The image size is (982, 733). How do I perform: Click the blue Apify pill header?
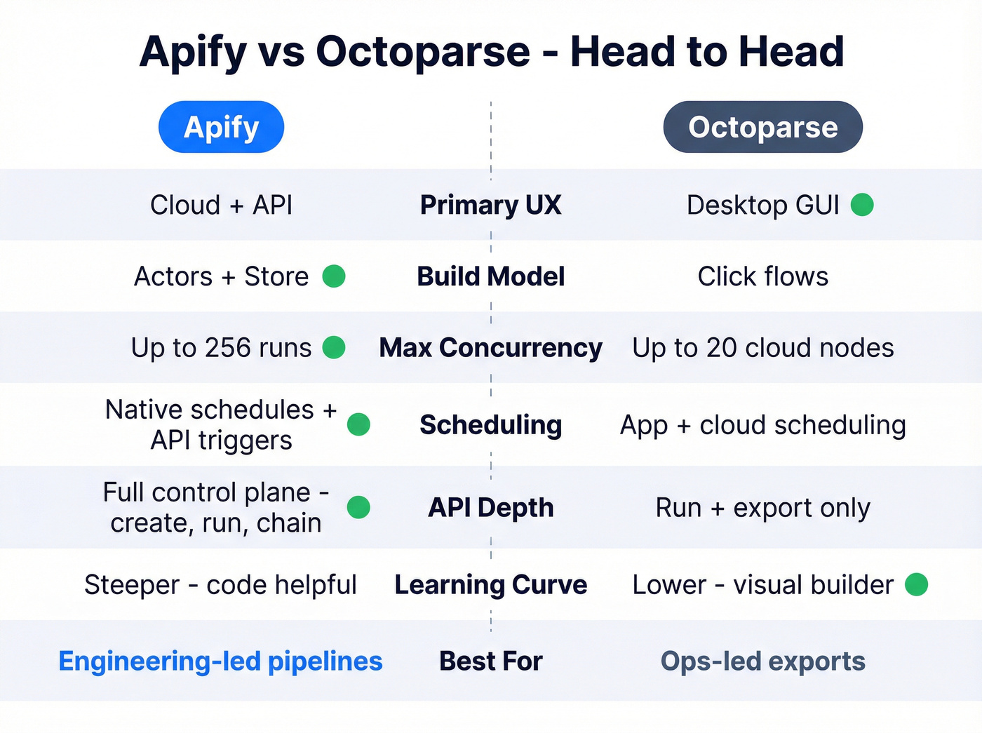(221, 127)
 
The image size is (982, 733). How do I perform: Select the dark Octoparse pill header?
(762, 127)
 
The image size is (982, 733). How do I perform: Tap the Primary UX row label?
(490, 205)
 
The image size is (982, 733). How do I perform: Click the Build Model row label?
(490, 276)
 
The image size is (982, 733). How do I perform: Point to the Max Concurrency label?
(490, 348)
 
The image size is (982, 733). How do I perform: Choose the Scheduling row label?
(490, 425)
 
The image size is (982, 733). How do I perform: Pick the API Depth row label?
(490, 508)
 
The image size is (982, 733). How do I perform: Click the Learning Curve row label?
(490, 585)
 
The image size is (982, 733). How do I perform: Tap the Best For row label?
(490, 661)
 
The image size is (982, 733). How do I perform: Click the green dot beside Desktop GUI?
(862, 205)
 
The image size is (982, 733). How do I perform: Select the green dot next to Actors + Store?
(334, 276)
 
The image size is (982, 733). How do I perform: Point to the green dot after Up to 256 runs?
(334, 347)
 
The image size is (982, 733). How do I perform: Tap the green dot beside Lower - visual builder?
(916, 584)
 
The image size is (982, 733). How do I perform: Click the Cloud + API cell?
(221, 205)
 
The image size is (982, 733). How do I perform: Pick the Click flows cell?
(762, 276)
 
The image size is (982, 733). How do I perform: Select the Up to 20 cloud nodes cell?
(762, 348)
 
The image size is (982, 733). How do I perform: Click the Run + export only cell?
(762, 508)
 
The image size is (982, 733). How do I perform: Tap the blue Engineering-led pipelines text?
(220, 661)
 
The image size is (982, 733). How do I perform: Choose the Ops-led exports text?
(762, 661)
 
